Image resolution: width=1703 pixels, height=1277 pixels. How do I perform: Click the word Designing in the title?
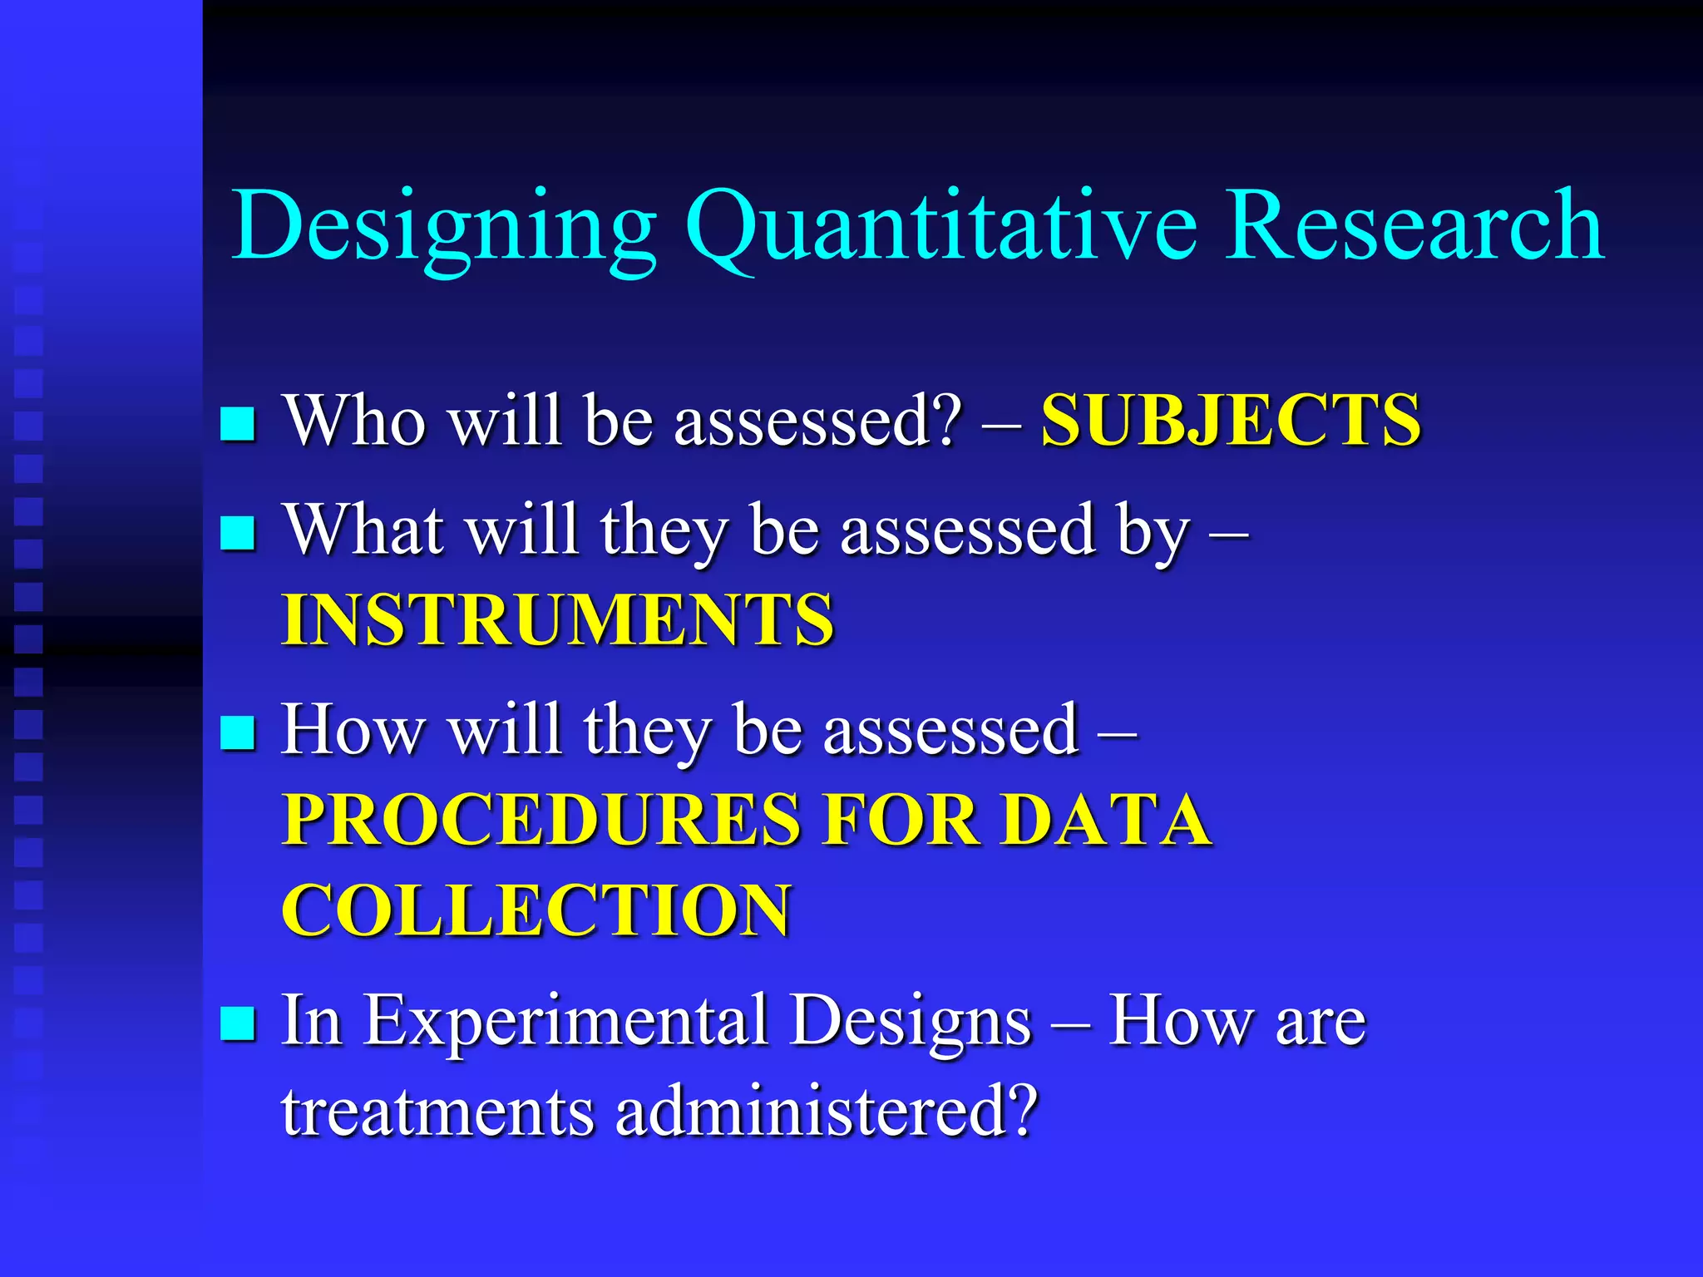click(444, 226)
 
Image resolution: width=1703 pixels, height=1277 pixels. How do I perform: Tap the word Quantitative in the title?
click(940, 226)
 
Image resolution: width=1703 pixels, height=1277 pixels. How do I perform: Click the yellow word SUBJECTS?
click(1232, 420)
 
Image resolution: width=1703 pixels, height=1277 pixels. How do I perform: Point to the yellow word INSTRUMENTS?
click(557, 619)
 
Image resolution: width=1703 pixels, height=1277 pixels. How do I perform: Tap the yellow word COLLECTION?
click(536, 910)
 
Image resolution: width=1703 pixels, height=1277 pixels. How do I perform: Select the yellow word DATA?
click(1106, 820)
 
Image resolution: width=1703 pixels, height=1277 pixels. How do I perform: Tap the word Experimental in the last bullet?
click(566, 1021)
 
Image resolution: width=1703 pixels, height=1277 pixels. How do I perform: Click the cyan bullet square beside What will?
click(238, 533)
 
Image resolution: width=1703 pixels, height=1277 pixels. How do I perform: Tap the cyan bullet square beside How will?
click(238, 732)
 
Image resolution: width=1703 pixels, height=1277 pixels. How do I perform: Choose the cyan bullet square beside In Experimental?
click(238, 1023)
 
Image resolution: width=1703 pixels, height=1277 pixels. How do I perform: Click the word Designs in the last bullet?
click(911, 1021)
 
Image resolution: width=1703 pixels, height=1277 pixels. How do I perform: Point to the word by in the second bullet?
click(1153, 532)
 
